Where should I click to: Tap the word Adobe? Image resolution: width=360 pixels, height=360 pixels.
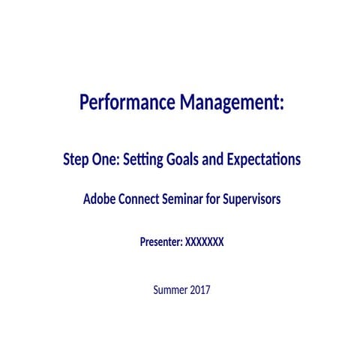coord(99,200)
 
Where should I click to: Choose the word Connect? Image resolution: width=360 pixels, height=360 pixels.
coord(145,200)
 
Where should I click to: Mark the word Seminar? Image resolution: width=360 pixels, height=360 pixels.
coord(196,200)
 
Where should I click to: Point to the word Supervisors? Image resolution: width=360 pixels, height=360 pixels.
coord(259,200)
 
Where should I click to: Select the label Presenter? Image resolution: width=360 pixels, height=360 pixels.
coord(160,242)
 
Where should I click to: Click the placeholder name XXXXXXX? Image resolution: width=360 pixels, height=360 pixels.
coord(204,242)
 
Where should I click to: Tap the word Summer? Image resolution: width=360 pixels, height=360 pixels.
coord(169,289)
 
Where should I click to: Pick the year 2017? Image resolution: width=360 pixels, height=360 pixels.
coord(200,289)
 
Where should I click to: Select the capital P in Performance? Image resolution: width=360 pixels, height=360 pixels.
coord(85,102)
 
